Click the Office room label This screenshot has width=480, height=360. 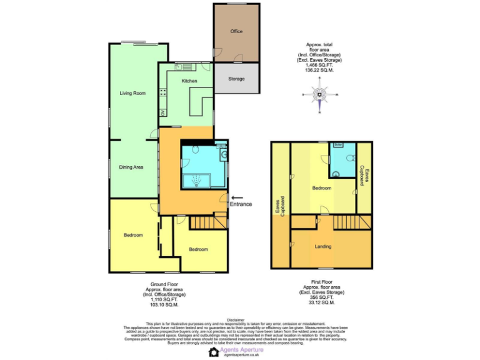(236, 31)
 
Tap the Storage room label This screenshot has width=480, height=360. (236, 79)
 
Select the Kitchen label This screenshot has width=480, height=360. (189, 81)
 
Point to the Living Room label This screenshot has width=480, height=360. (132, 93)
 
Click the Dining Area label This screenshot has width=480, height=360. (132, 167)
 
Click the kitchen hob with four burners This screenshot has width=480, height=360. (163, 93)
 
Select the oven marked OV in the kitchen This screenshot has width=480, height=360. (163, 112)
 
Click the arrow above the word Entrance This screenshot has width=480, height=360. (237, 197)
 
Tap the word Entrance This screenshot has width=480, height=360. (241, 204)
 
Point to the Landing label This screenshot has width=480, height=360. (323, 246)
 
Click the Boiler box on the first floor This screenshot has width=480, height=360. (338, 144)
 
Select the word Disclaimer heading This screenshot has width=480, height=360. (236, 319)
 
